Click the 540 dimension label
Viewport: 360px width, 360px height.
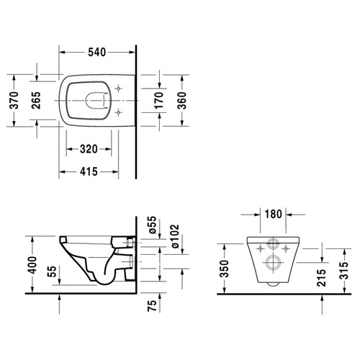(x=97, y=53)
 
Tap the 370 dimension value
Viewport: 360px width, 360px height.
(x=14, y=100)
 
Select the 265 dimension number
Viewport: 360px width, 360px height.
(x=37, y=100)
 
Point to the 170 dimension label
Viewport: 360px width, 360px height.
(x=159, y=100)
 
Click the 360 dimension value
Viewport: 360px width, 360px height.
(x=182, y=100)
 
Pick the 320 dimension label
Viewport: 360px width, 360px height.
(x=89, y=149)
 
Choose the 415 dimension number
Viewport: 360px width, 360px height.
(x=89, y=171)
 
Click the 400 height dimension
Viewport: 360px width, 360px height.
(x=32, y=265)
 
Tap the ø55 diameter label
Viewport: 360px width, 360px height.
(x=153, y=225)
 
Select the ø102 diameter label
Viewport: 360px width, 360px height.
(x=175, y=237)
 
